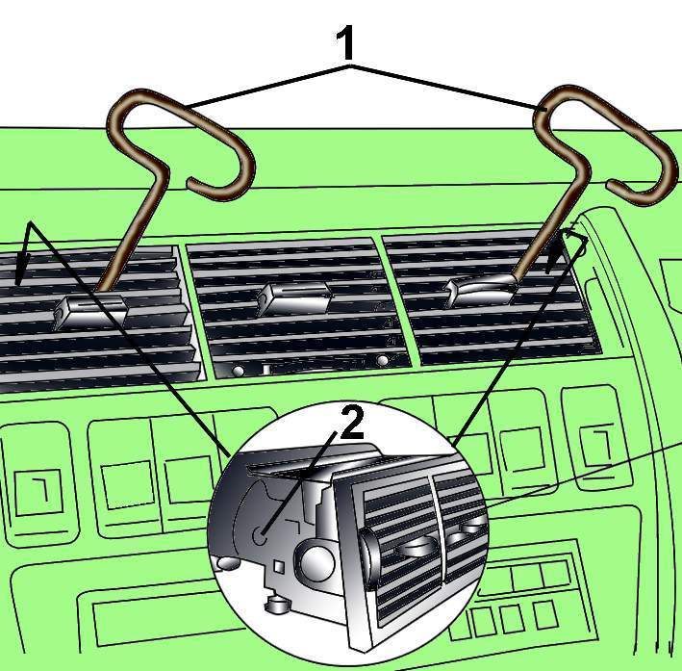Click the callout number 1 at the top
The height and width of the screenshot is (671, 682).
[x=345, y=42]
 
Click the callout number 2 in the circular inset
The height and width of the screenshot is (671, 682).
[x=352, y=422]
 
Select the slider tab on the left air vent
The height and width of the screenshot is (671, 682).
[x=90, y=312]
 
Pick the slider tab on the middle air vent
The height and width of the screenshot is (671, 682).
[x=292, y=298]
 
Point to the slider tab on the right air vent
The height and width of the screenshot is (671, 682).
[x=481, y=290]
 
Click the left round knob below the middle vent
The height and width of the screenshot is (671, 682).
[x=238, y=372]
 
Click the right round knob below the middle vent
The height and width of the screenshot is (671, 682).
[x=383, y=361]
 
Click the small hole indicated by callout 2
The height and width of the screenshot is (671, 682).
[x=260, y=534]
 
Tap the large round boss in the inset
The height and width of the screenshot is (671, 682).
[x=316, y=561]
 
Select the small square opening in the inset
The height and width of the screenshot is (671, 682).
[x=279, y=566]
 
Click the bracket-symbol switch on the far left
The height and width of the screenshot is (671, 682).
[x=38, y=491]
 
